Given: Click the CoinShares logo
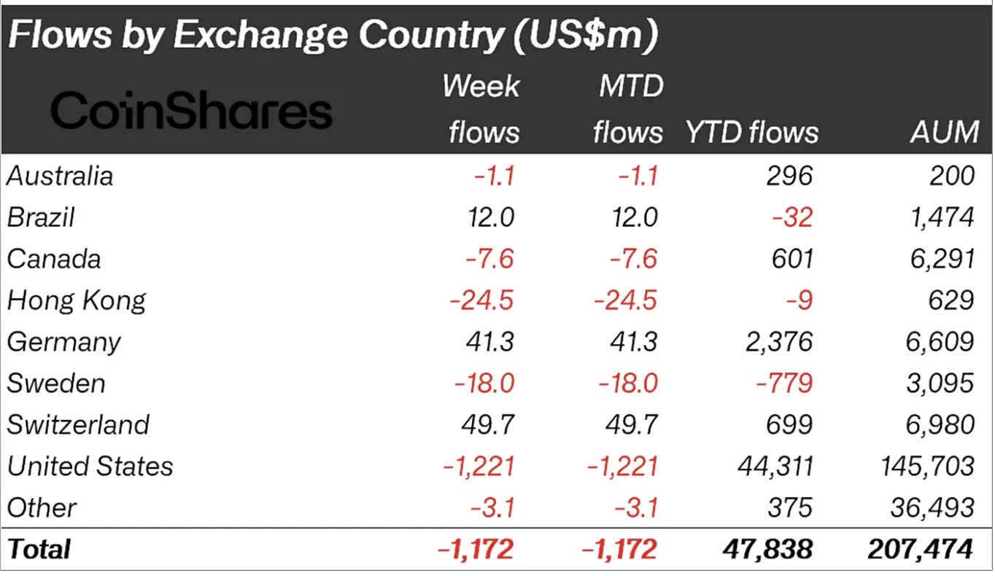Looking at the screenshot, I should coord(191,112).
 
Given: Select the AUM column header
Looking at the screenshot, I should coord(945,132).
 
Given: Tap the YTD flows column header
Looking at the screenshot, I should coord(752,132).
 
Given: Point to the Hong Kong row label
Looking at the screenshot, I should coord(77,300).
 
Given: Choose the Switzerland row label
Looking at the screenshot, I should coord(78,424).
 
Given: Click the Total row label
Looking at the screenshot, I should coord(39,549).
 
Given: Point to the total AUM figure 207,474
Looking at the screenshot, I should coord(920,549).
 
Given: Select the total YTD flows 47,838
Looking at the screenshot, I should coord(767,549).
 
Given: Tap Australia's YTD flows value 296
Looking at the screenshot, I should coord(791,176).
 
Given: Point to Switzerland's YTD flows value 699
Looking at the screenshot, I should coord(791,424).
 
